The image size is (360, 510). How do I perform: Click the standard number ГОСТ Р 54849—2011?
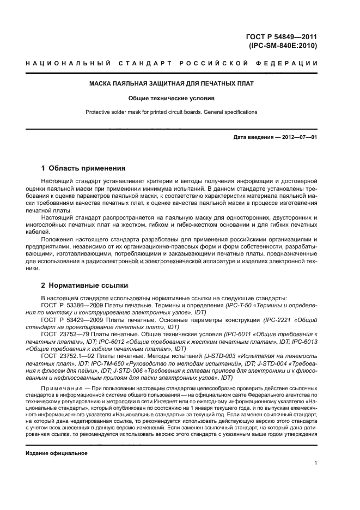point(282,37)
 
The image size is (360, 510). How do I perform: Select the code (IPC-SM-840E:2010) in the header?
point(282,46)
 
